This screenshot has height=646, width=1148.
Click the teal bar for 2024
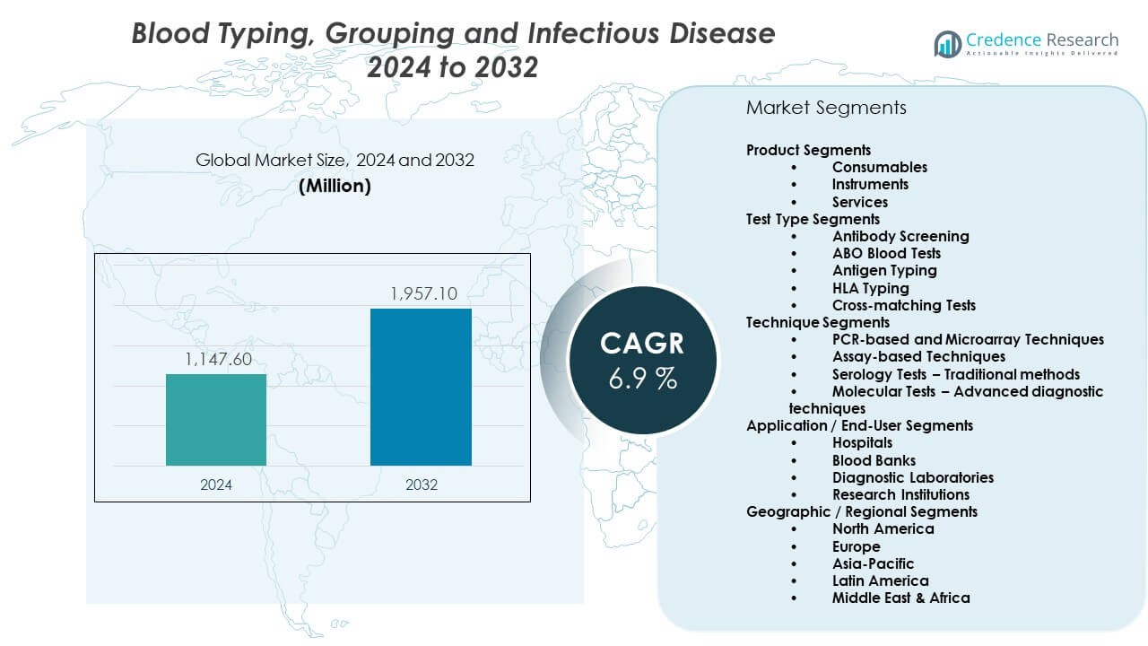pyautogui.click(x=215, y=420)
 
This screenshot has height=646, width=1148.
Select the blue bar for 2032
pyautogui.click(x=421, y=387)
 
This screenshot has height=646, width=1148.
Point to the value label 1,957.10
pyautogui.click(x=422, y=293)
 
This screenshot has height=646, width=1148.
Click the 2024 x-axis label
pyautogui.click(x=216, y=484)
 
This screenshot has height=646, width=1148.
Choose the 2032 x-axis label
pyautogui.click(x=422, y=484)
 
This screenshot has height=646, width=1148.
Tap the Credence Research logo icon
pyautogui.click(x=947, y=43)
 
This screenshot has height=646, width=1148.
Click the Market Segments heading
pyautogui.click(x=826, y=108)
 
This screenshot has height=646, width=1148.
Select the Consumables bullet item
pyautogui.click(x=879, y=167)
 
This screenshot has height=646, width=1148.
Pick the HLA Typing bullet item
pyautogui.click(x=870, y=288)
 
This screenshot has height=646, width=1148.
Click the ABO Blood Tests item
pyautogui.click(x=886, y=253)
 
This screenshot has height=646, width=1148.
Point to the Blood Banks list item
pyautogui.click(x=874, y=460)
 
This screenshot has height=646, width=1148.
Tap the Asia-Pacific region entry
pyautogui.click(x=873, y=563)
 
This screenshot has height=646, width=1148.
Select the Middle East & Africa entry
pyautogui.click(x=900, y=598)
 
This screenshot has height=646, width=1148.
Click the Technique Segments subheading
pyautogui.click(x=818, y=322)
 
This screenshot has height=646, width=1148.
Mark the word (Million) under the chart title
pyautogui.click(x=335, y=186)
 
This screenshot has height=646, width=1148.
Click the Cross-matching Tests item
pyautogui.click(x=903, y=305)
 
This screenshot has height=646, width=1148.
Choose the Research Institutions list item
pyautogui.click(x=900, y=494)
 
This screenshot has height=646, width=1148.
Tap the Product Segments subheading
pyautogui.click(x=808, y=150)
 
